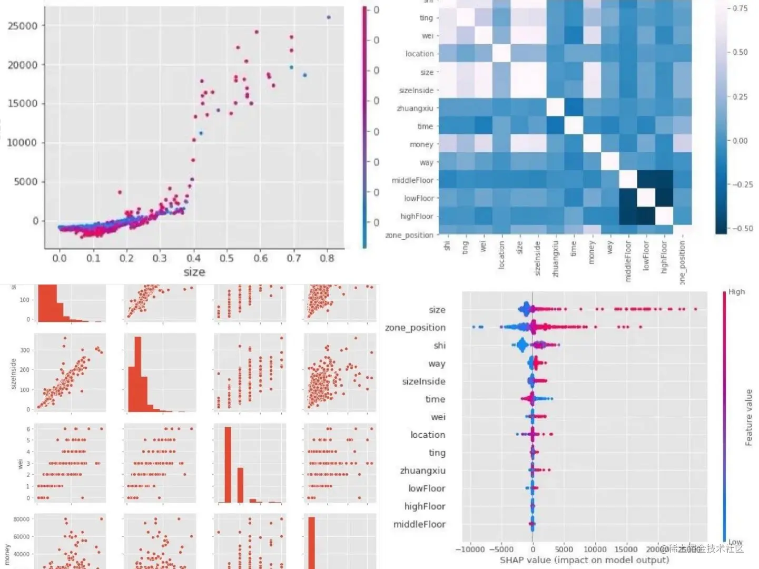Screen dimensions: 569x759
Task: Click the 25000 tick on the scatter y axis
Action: pos(23,26)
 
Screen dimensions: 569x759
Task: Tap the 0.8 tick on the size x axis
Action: pos(327,258)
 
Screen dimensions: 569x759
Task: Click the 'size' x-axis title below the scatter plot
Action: pos(194,272)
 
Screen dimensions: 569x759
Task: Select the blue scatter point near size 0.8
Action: pos(329,17)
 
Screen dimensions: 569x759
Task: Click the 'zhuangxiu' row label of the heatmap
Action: pos(415,109)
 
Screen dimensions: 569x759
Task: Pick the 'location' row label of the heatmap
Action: pos(419,54)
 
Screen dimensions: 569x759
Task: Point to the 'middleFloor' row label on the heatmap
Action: pos(412,180)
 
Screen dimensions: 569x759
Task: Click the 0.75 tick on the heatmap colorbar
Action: pos(740,8)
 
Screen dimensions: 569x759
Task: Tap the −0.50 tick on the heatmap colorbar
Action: pos(742,229)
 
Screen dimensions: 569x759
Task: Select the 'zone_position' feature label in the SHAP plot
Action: pos(415,328)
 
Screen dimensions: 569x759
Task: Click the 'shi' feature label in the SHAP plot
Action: pos(439,346)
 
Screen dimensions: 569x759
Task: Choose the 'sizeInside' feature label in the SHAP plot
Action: pos(423,381)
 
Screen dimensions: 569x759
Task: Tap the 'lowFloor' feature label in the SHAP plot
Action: pos(427,488)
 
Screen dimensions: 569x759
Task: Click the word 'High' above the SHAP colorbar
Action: pos(736,292)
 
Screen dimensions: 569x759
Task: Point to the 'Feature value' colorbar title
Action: pos(748,417)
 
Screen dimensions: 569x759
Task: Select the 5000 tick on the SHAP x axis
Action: pos(564,550)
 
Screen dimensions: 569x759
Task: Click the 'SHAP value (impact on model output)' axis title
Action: pos(584,560)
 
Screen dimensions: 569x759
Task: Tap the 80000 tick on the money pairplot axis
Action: pos(21,519)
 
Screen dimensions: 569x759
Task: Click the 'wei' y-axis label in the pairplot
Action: pos(21,464)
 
